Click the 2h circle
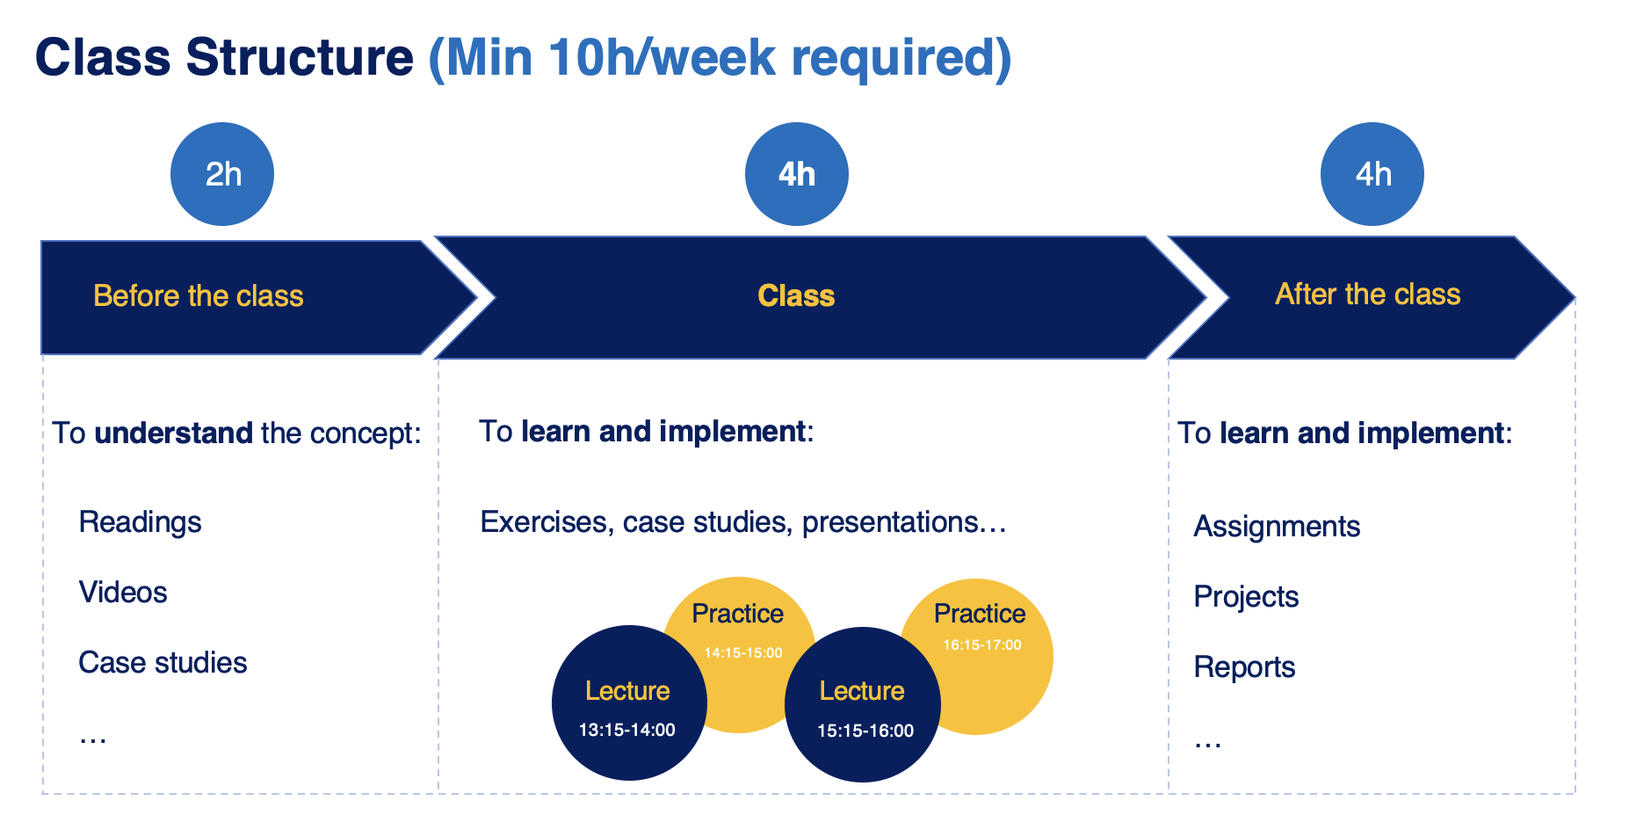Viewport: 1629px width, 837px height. pyautogui.click(x=222, y=174)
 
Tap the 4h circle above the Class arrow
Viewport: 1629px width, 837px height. pyautogui.click(x=797, y=174)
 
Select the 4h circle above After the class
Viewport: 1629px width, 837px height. pyautogui.click(x=1372, y=174)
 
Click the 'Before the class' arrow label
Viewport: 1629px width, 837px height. pyautogui.click(x=199, y=296)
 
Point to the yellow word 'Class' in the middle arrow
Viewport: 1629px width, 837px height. pyautogui.click(x=796, y=296)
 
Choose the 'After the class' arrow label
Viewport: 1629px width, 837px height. pyautogui.click(x=1368, y=295)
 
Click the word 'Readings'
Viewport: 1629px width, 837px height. pyautogui.click(x=141, y=522)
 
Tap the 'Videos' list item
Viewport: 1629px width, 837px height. pyautogui.click(x=123, y=593)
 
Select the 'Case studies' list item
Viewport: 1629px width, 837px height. pyautogui.click(x=163, y=663)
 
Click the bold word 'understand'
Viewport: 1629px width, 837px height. pyautogui.click(x=174, y=433)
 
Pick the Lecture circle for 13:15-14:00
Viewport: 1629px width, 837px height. pyautogui.click(x=629, y=702)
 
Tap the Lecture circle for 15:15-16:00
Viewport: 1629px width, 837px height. pyautogui.click(x=863, y=704)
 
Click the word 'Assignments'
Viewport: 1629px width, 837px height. pyautogui.click(x=1277, y=527)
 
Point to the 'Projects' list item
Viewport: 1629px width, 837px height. pyautogui.click(x=1246, y=597)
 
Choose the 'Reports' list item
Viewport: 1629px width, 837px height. pyautogui.click(x=1244, y=667)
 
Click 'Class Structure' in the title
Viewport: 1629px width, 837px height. pyautogui.click(x=224, y=58)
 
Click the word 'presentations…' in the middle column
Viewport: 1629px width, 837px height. pyautogui.click(x=904, y=522)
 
